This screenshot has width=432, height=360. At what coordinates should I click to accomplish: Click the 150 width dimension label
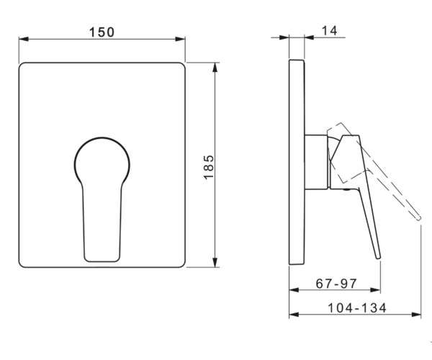102,32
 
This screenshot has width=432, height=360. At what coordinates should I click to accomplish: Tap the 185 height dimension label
209,167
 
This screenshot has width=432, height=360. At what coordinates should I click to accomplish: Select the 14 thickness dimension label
330,30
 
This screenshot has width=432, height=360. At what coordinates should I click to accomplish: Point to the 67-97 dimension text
336,284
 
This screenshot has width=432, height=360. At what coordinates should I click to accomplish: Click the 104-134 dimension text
357,307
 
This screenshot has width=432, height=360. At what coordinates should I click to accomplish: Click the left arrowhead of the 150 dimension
24,39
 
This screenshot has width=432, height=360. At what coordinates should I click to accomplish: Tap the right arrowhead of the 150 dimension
180,39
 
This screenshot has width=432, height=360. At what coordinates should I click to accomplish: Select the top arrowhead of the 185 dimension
215,68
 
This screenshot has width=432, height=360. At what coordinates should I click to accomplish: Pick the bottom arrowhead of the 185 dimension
215,262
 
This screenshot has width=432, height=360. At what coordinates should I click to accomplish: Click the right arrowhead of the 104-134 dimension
416,315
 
